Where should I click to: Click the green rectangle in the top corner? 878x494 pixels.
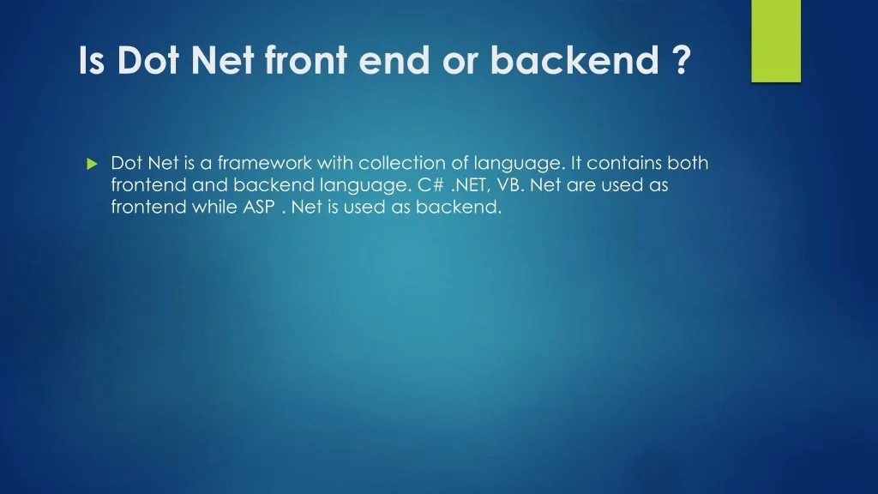(x=776, y=41)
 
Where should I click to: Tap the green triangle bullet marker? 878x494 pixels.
(x=93, y=164)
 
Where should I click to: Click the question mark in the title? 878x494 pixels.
(x=680, y=60)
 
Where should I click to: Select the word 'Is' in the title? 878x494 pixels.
(x=91, y=60)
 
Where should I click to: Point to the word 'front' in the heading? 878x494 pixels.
(x=306, y=60)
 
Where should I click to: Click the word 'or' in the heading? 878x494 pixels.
(x=460, y=63)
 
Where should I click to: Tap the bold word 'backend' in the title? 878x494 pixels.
(x=574, y=60)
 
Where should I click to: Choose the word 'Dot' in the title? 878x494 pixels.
(x=147, y=60)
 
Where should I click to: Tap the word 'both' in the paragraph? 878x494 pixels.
(x=689, y=162)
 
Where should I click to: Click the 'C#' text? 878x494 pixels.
(x=431, y=184)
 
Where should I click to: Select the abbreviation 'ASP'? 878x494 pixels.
(x=259, y=207)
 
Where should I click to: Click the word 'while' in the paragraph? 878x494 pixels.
(x=214, y=206)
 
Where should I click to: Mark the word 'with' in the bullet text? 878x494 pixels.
(x=335, y=162)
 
